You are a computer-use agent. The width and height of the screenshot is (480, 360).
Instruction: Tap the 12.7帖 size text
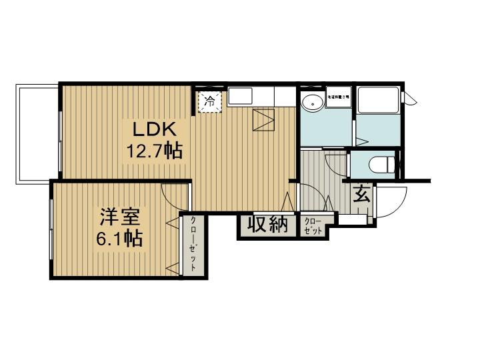tap(155, 151)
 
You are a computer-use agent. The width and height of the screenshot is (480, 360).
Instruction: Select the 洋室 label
tap(120, 218)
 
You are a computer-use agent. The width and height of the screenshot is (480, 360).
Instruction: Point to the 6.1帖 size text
tap(119, 238)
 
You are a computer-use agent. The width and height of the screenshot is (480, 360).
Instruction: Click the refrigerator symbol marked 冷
tap(209, 102)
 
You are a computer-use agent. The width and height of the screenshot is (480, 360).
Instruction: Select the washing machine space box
tap(338, 97)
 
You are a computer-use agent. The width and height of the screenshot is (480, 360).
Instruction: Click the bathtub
tap(377, 100)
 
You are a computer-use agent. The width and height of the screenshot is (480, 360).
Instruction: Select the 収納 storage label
tap(268, 225)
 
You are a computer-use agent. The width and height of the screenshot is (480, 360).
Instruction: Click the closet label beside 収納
tap(312, 225)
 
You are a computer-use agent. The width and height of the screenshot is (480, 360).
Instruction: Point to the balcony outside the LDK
tap(37, 133)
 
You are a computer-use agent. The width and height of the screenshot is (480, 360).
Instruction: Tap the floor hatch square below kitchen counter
tap(265, 121)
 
